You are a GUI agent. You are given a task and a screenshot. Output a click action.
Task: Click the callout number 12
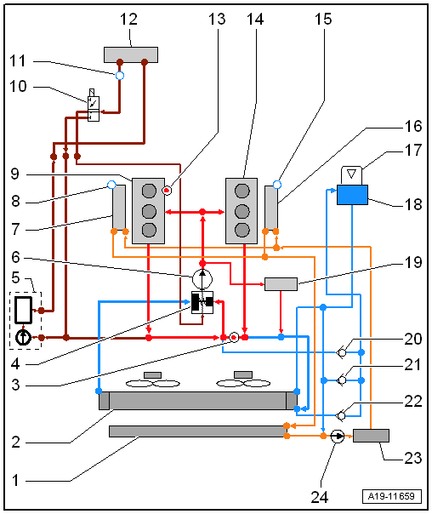[128, 19]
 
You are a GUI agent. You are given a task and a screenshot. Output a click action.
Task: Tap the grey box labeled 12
[131, 54]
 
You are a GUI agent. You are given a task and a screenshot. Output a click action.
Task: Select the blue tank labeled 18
[352, 195]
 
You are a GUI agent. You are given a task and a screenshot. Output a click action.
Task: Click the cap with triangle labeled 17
[352, 175]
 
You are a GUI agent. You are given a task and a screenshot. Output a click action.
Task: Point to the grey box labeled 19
[281, 284]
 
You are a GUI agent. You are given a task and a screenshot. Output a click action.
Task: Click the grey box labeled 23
[371, 436]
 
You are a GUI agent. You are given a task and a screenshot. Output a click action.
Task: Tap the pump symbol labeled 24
[337, 437]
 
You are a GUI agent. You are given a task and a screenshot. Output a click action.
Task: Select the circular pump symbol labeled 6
[202, 279]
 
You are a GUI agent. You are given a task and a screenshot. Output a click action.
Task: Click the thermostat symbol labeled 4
[202, 302]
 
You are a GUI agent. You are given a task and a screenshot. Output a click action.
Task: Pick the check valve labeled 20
[341, 352]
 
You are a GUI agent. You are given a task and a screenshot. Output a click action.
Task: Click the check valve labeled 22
[341, 415]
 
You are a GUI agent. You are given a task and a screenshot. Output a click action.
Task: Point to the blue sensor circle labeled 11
[120, 76]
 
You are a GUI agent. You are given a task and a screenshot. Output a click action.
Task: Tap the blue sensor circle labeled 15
[277, 185]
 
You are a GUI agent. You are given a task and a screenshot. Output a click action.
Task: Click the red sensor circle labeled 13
[167, 190]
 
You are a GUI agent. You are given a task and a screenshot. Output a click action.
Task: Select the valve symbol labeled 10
[94, 105]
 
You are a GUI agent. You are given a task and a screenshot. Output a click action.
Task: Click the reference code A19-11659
[392, 496]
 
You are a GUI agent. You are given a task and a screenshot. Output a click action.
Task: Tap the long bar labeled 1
[197, 431]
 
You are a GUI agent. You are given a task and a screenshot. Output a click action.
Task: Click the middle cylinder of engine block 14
[242, 211]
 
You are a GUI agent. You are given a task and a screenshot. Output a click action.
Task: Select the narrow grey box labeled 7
[119, 207]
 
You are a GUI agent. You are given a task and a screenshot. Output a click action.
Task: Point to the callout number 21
[412, 364]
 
